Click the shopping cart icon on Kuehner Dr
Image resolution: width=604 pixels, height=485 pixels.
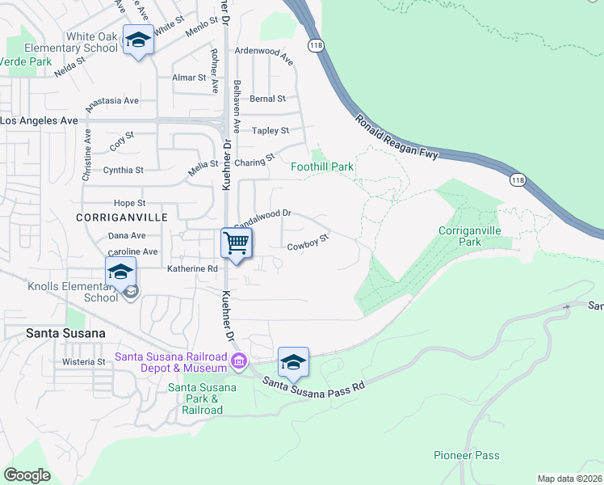pyautogui.click(x=236, y=242)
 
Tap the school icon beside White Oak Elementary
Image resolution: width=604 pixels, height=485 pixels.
pyautogui.click(x=138, y=40)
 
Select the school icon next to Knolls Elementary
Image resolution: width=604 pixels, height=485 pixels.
pyautogui.click(x=120, y=272)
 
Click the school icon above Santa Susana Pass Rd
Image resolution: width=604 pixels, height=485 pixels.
pyautogui.click(x=293, y=361)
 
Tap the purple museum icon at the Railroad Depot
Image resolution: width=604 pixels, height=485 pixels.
pyautogui.click(x=239, y=360)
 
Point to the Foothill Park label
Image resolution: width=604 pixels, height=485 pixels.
pyautogui.click(x=322, y=167)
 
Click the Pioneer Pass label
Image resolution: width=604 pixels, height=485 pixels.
pyautogui.click(x=467, y=456)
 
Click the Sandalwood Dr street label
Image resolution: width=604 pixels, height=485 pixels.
pyautogui.click(x=262, y=219)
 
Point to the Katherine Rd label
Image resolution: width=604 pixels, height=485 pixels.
pyautogui.click(x=192, y=268)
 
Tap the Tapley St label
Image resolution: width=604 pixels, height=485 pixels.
pyautogui.click(x=271, y=130)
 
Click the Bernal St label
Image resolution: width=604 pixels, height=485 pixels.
pyautogui.click(x=267, y=99)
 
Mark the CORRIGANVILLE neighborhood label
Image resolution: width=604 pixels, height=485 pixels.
pyautogui.click(x=110, y=218)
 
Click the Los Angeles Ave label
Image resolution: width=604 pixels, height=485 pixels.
pyautogui.click(x=39, y=120)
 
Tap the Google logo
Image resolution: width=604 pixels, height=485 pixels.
pyautogui.click(x=27, y=474)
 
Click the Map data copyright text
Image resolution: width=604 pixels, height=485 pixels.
pyautogui.click(x=569, y=479)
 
